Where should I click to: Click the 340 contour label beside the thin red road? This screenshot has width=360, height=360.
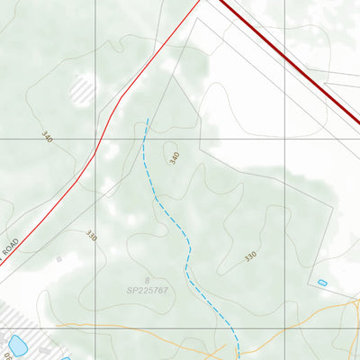pyautogui.click(x=47, y=137)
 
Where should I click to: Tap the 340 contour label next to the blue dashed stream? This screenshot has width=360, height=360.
pyautogui.click(x=175, y=157)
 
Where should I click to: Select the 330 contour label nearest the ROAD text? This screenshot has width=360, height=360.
pyautogui.click(x=91, y=236)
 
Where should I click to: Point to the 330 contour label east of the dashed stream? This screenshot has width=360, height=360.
pyautogui.click(x=250, y=256)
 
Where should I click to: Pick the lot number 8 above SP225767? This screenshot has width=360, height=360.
pyautogui.click(x=148, y=281)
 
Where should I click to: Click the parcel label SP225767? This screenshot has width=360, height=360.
pyautogui.click(x=148, y=291)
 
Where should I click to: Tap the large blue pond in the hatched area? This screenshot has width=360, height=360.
pyautogui.click(x=17, y=344)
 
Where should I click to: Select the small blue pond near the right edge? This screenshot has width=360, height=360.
pyautogui.click(x=322, y=283)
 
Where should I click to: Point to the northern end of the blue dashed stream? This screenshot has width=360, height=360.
pyautogui.click(x=146, y=119)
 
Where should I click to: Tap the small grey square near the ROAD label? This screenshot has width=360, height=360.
pyautogui.click(x=59, y=258)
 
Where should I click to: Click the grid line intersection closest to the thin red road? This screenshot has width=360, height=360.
pyautogui.click(x=96, y=139)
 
